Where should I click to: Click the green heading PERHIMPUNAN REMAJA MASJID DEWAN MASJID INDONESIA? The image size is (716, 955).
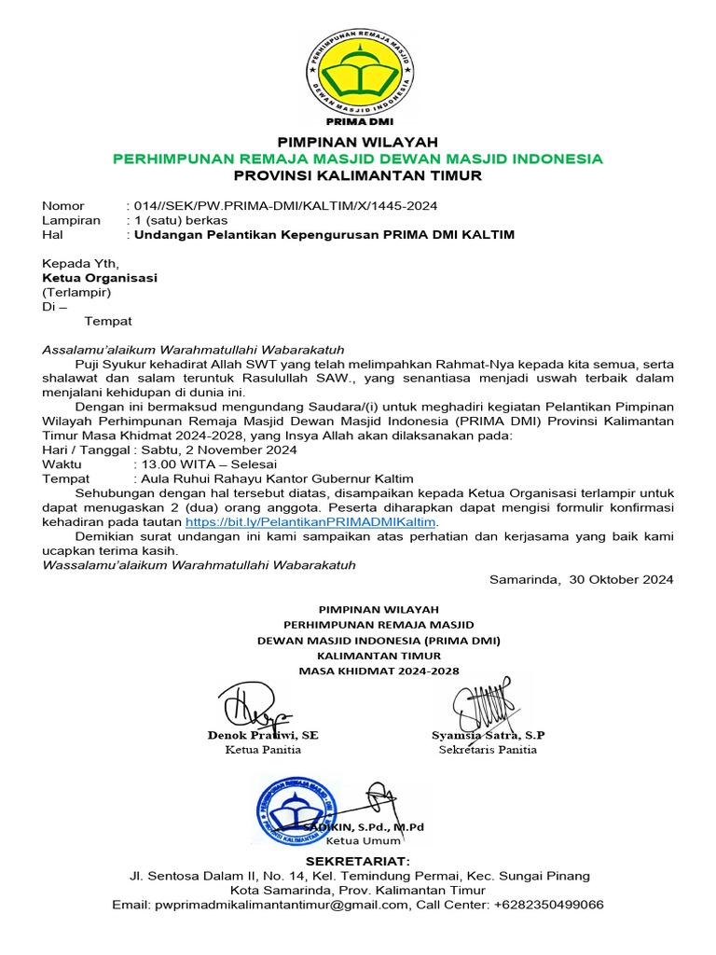point(358,159)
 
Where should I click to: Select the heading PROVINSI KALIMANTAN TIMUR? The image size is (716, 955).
point(358,176)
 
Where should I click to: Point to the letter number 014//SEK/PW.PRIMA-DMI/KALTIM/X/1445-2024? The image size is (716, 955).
point(284,205)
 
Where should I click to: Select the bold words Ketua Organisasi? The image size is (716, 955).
point(100,278)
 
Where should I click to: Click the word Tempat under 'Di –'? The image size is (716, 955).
point(108,322)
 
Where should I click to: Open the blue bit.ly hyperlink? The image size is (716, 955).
point(310,522)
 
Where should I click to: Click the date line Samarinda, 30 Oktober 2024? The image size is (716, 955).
point(581,579)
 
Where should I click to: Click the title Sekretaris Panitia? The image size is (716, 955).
point(488,750)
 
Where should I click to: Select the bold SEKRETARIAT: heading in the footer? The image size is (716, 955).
point(358,860)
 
